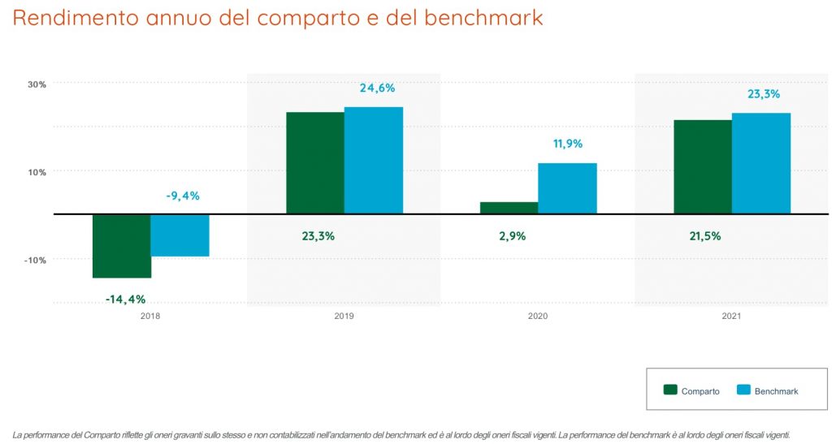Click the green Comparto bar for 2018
tap(122, 246)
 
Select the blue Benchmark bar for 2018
tap(180, 235)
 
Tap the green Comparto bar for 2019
tap(315, 163)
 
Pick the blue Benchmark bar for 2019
tap(373, 161)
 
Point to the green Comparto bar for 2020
tap(509, 208)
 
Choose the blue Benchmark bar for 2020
tap(567, 188)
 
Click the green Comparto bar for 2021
tap(703, 167)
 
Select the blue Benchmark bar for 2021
tap(760, 163)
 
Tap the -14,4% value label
tap(125, 299)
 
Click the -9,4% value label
tap(182, 196)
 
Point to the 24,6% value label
tap(377, 88)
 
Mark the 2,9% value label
tap(512, 236)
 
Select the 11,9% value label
tap(567, 144)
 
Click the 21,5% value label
tap(704, 236)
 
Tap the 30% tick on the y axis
tap(38, 84)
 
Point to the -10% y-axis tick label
tap(37, 260)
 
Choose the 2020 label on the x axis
tap(538, 316)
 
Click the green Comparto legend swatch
tap(670, 390)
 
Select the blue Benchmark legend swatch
tap(743, 390)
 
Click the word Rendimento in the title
tap(76, 18)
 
